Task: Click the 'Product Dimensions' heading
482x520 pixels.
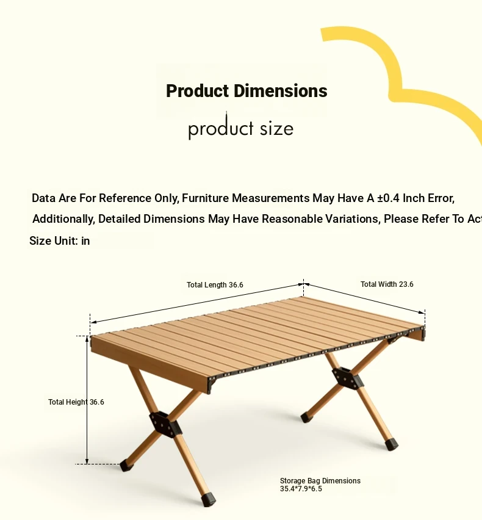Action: pos(246,91)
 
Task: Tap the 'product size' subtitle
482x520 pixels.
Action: pos(241,128)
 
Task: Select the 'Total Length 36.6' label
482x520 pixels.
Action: pos(215,285)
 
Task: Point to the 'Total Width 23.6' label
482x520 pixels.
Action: pos(387,284)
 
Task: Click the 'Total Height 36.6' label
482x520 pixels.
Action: pos(76,402)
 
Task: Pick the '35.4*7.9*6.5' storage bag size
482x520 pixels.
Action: pos(301,489)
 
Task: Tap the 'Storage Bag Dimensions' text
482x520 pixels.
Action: pos(320,481)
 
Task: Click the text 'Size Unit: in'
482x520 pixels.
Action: pos(59,240)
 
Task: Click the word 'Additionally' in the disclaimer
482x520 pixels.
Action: pos(63,219)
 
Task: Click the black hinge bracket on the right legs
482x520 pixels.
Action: pos(347,378)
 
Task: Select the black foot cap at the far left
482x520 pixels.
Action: pos(126,465)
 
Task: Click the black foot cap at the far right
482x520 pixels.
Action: pos(391,444)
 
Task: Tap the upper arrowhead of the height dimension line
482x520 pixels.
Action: pos(87,339)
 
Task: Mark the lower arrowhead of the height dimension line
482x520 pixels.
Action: pos(87,461)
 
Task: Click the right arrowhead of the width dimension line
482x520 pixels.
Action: pos(422,312)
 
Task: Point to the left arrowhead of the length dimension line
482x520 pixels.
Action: pos(93,322)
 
